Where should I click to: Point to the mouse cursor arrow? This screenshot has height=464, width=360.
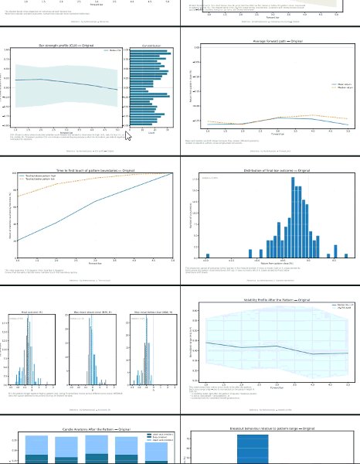point(127,135)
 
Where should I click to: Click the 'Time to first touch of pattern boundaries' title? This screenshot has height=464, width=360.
point(91,169)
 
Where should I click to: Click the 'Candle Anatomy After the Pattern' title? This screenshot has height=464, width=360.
point(89,428)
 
